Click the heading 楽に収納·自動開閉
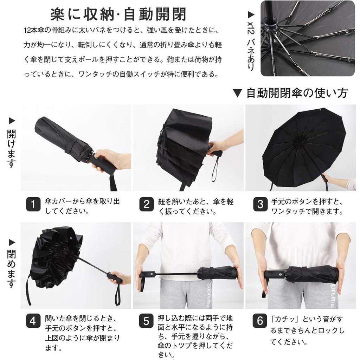118,14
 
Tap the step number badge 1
33,204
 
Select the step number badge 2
146,204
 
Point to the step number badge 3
260,204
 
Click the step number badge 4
33,321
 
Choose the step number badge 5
146,321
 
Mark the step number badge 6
260,321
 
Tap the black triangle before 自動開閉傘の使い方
237,93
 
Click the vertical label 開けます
11,148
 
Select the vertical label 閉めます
11,269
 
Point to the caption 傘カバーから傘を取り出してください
82,206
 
